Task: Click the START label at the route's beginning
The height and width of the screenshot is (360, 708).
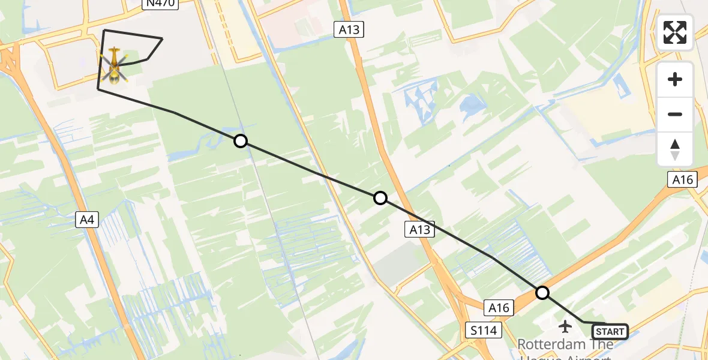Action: [610, 332]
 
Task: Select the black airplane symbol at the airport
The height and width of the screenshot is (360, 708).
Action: [565, 326]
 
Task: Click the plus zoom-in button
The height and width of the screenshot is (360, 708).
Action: [675, 79]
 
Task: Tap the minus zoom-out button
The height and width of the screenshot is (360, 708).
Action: [675, 114]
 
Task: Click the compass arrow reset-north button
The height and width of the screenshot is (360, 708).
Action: [675, 149]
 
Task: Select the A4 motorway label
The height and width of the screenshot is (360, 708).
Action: [88, 220]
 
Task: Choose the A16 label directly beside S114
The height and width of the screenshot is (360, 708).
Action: [499, 308]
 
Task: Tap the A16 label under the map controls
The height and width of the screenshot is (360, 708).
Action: [682, 179]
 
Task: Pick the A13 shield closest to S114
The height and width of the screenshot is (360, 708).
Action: [419, 229]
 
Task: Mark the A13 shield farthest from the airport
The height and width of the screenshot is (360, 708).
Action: [349, 29]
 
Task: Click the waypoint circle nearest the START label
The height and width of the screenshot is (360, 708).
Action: [542, 293]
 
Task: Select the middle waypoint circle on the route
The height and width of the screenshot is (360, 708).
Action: [380, 198]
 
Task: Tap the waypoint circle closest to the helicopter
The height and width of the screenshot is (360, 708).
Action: [241, 141]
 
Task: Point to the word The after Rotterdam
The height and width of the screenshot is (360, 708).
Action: [598, 345]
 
